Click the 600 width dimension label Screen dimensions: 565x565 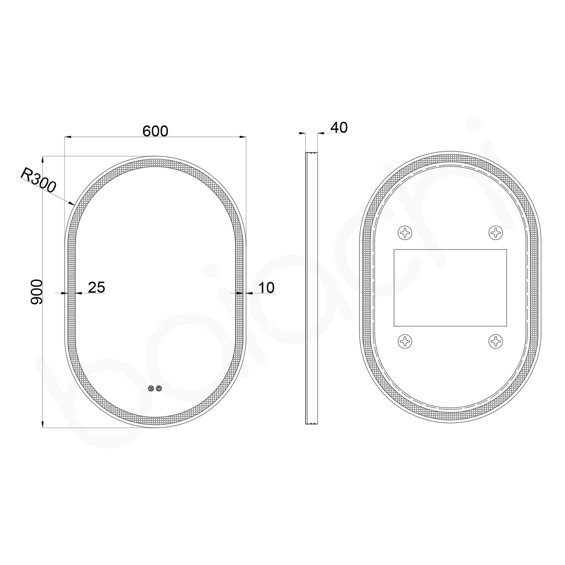click(155, 131)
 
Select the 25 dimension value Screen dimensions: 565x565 click(96, 287)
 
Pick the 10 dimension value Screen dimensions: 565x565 click(266, 287)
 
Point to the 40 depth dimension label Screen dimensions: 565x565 click(339, 127)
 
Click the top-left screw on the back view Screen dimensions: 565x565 click(405, 233)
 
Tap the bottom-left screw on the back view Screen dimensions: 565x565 click(405, 341)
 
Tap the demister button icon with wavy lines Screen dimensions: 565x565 click(151, 388)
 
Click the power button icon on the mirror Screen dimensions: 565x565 click(159, 388)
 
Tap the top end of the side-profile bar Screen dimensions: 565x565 click(311, 153)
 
